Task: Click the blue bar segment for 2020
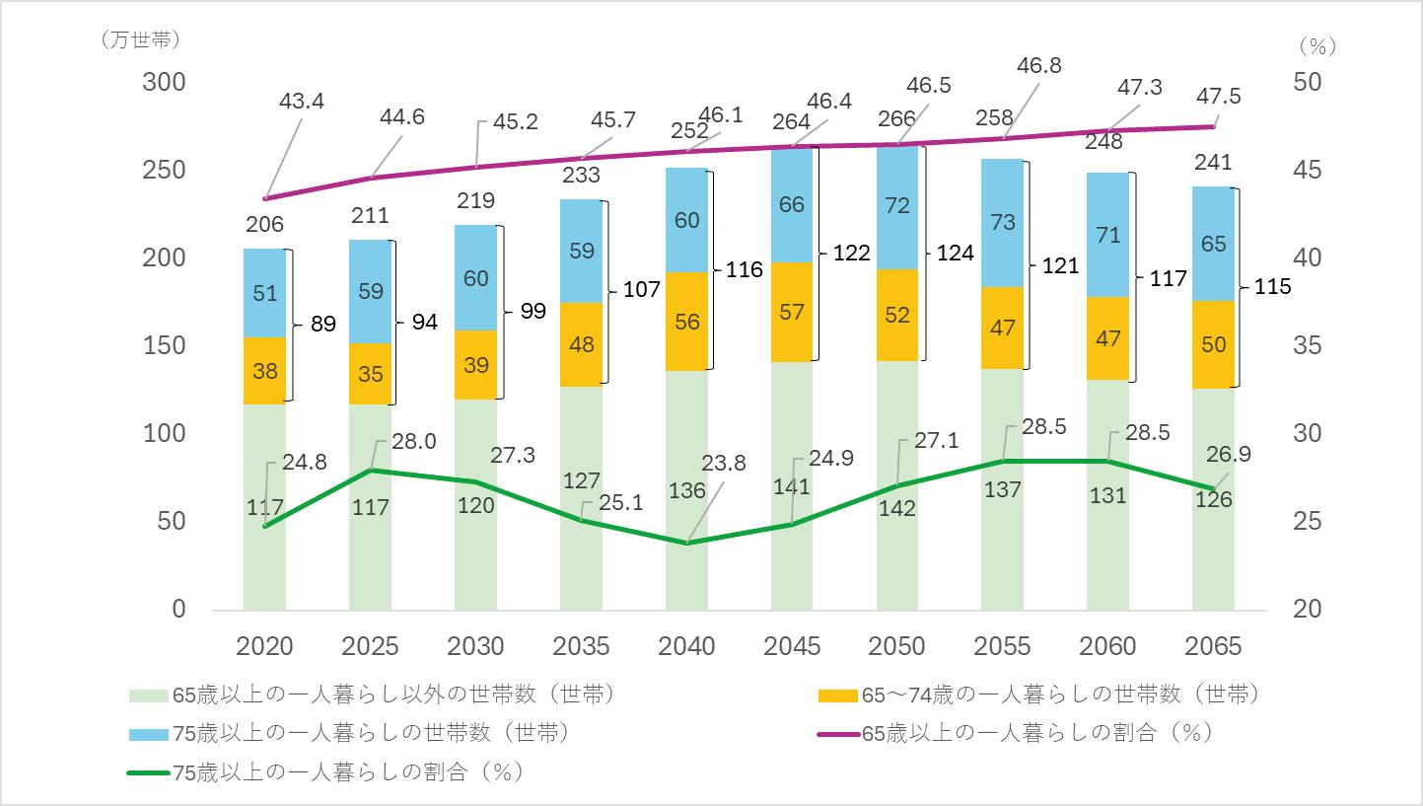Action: [264, 293]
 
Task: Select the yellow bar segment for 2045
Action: [792, 312]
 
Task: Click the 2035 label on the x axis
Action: [582, 646]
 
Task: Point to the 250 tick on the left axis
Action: [164, 170]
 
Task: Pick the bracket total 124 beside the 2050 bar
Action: [955, 253]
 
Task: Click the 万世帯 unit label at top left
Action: [140, 41]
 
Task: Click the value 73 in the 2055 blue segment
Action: [1003, 222]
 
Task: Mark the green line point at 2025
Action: [370, 470]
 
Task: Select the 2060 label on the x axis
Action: [1108, 646]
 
